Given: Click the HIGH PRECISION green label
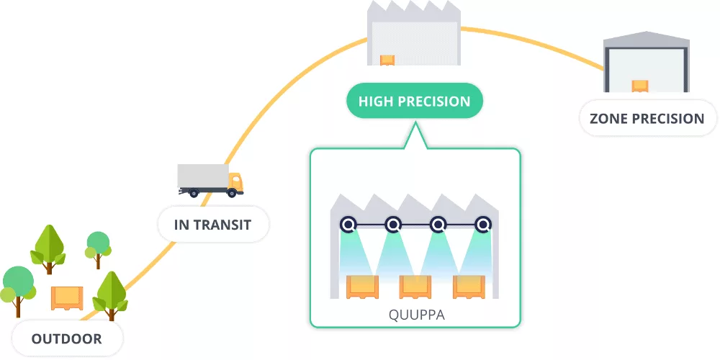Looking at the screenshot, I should (414, 102).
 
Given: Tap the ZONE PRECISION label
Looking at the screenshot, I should (647, 119).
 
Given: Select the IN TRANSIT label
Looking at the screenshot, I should (212, 225).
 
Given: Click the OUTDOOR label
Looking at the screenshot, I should (66, 338).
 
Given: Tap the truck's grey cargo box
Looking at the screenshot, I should (202, 176).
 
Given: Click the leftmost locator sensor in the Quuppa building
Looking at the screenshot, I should (348, 225).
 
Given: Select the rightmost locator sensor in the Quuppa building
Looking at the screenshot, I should (482, 225).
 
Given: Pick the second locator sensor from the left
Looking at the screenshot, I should (392, 225).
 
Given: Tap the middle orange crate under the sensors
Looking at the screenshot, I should (415, 287).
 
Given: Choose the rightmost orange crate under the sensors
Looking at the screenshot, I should (468, 287).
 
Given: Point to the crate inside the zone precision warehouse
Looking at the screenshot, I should (640, 86).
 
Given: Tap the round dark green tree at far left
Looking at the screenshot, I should (17, 282).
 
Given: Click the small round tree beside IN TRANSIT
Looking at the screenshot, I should (98, 242).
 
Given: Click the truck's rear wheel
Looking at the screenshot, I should (193, 193).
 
